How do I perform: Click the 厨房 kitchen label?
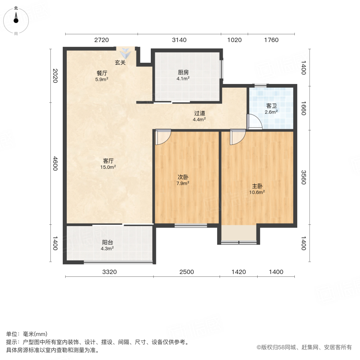[x=183, y=72]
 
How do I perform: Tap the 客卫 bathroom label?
[x=271, y=106]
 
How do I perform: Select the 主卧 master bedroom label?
[x=257, y=186]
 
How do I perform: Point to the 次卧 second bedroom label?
[x=183, y=177]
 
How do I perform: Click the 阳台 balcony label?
[x=108, y=242]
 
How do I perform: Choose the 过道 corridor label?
[x=200, y=113]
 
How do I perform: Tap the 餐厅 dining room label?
[x=102, y=73]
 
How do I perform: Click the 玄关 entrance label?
[x=120, y=62]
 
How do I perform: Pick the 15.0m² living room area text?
[x=108, y=167]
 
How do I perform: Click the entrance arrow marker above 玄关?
[x=125, y=53]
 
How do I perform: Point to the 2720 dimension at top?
[x=102, y=40]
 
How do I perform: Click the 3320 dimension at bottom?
[x=110, y=272]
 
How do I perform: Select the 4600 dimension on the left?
[x=55, y=164]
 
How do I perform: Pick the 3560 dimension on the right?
[x=304, y=177]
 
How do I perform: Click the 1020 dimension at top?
[x=234, y=40]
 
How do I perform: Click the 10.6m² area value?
[x=257, y=192]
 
